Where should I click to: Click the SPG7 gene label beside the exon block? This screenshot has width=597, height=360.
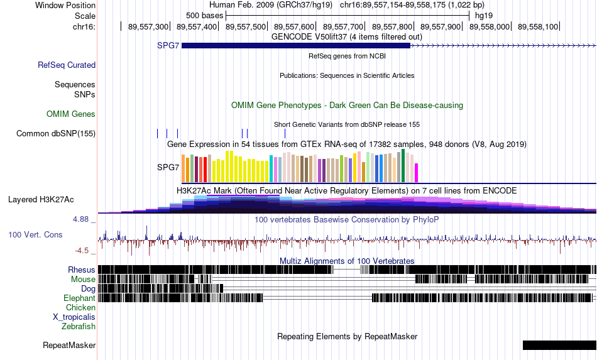pyautogui.click(x=168, y=46)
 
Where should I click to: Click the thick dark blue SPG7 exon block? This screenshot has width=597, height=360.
pyautogui.click(x=296, y=46)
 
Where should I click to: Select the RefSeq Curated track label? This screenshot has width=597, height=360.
pyautogui.click(x=67, y=65)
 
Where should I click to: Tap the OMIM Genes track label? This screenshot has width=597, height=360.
pyautogui.click(x=71, y=114)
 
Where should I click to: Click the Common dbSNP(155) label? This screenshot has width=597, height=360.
pyautogui.click(x=56, y=134)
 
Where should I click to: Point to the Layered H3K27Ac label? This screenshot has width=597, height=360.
pyautogui.click(x=41, y=200)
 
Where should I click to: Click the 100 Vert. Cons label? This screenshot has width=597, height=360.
pyautogui.click(x=35, y=235)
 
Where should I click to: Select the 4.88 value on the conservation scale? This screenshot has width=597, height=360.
pyautogui.click(x=80, y=219)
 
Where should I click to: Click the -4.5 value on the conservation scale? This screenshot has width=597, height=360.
pyautogui.click(x=82, y=251)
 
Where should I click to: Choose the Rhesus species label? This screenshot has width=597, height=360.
pyautogui.click(x=82, y=270)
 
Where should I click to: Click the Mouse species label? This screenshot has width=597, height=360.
pyautogui.click(x=83, y=280)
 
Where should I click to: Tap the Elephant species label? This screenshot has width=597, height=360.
pyautogui.click(x=80, y=298)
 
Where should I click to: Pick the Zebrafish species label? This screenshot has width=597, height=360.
pyautogui.click(x=79, y=327)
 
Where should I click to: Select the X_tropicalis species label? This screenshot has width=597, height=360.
pyautogui.click(x=74, y=317)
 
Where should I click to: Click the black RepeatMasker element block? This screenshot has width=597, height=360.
pyautogui.click(x=560, y=345)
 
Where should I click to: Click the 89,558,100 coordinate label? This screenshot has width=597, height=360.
pyautogui.click(x=538, y=27)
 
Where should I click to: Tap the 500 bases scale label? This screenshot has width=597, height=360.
pyautogui.click(x=204, y=16)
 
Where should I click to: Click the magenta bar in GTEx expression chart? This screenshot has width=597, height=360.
pyautogui.click(x=417, y=173)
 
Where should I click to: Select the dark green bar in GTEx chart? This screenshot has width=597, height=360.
pyautogui.click(x=403, y=166)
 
